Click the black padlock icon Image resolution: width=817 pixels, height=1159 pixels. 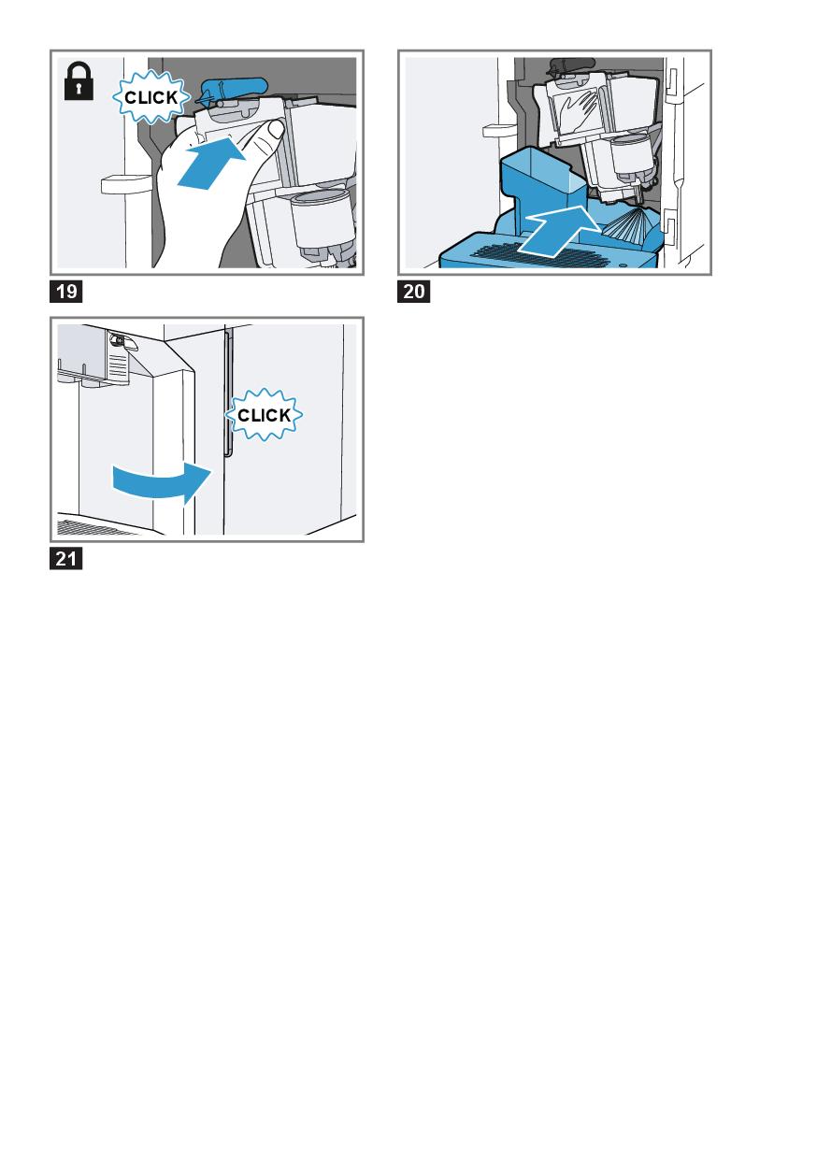(x=79, y=80)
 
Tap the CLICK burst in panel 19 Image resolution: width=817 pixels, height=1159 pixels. (x=151, y=97)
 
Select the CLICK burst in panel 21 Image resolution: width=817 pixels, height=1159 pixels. (x=264, y=414)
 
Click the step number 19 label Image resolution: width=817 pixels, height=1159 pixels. (x=65, y=292)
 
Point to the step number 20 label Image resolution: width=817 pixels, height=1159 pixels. (x=413, y=292)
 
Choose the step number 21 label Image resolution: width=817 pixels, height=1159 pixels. (x=65, y=559)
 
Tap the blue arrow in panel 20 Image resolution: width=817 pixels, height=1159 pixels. (x=560, y=229)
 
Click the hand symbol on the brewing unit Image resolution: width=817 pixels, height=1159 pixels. (x=580, y=110)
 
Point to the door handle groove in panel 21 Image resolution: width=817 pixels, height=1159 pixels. (x=227, y=393)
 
